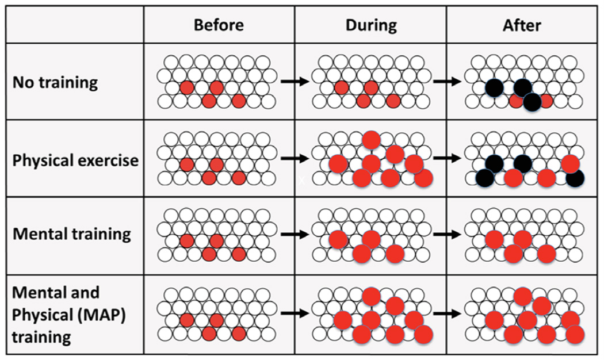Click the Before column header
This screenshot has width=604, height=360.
[x=219, y=25]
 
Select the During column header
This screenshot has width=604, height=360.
[x=371, y=25]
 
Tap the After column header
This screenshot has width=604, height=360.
[x=522, y=25]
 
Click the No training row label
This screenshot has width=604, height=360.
[x=55, y=82]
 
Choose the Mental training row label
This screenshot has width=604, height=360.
[x=71, y=234]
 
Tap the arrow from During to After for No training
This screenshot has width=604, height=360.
[x=446, y=82]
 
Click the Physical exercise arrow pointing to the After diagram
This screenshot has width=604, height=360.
[x=446, y=156]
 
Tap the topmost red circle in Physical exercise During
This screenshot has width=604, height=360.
[x=371, y=139]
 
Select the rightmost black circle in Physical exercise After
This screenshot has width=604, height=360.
[x=576, y=179]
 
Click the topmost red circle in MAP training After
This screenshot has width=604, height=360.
[x=522, y=296]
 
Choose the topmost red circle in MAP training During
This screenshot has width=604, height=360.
[x=371, y=296]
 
